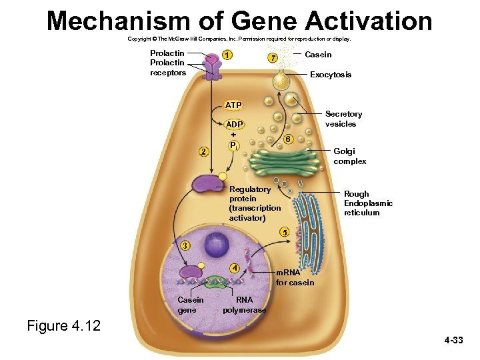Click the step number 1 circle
[x=228, y=55]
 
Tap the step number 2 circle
[x=204, y=151]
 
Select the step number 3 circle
[x=185, y=245]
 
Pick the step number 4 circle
[x=234, y=268]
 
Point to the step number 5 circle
[x=285, y=233]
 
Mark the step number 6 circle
[x=287, y=139]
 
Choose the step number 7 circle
[x=272, y=58]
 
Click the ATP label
[x=233, y=105]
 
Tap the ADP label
[x=235, y=125]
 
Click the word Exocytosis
[x=331, y=75]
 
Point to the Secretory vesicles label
[x=344, y=119]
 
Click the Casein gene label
[x=191, y=305]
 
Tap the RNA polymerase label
[x=245, y=305]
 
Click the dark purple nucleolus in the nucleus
[x=217, y=245]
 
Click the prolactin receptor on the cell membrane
[x=212, y=65]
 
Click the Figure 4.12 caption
[x=63, y=326]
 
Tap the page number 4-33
[x=453, y=341]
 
